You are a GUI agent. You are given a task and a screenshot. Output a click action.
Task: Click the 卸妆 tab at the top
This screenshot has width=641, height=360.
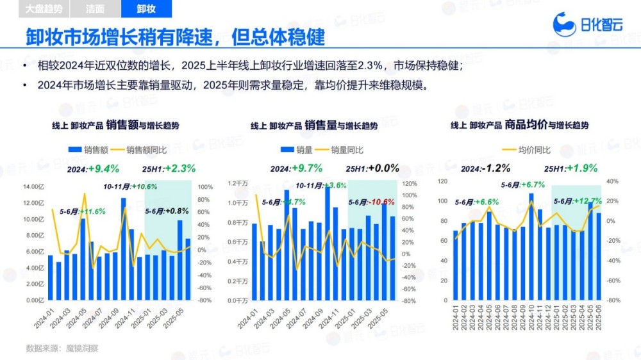[x=146, y=9]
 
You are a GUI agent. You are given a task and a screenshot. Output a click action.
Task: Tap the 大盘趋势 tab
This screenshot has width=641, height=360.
[x=45, y=9]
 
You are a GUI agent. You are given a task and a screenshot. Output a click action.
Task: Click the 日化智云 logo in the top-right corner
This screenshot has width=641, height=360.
[x=587, y=25]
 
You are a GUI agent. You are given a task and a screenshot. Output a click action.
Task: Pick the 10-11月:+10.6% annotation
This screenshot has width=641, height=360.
[x=130, y=186]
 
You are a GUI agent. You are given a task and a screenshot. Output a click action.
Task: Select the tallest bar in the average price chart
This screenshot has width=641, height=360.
[x=531, y=246]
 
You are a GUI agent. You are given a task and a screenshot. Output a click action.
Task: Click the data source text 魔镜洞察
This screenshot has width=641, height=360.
[x=81, y=348]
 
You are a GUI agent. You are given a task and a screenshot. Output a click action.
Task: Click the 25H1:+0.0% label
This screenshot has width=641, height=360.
[x=372, y=168]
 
